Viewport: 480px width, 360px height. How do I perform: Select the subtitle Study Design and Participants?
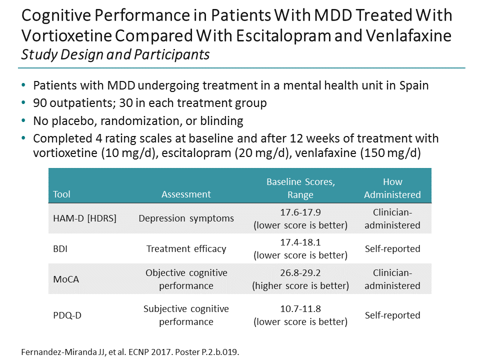click(x=115, y=54)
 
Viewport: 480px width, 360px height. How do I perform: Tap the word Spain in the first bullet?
click(x=413, y=85)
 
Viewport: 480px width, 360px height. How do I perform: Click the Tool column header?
click(x=62, y=194)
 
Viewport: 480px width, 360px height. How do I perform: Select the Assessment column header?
click(x=186, y=194)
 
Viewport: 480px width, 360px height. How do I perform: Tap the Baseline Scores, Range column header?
click(x=300, y=188)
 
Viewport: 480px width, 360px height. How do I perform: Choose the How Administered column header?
click(x=392, y=188)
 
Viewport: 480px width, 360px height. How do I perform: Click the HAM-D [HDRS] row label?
click(x=84, y=218)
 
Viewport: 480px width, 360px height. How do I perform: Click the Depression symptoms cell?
click(x=186, y=218)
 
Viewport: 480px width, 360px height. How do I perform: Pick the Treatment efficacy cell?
click(x=186, y=249)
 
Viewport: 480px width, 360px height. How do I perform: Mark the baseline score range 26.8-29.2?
click(x=300, y=273)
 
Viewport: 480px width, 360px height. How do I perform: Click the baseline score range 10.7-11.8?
click(x=300, y=309)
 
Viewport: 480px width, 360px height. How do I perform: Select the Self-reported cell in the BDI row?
click(x=392, y=249)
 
